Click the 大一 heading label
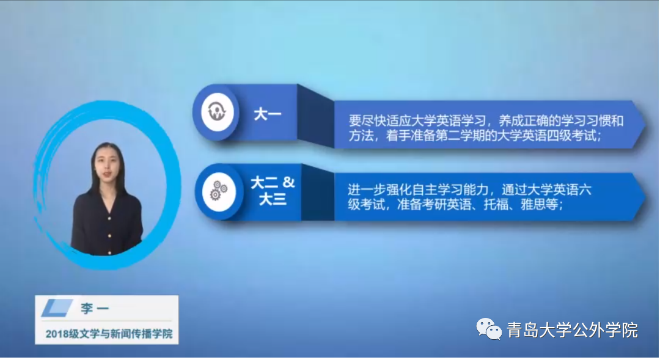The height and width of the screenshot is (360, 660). coord(267,114)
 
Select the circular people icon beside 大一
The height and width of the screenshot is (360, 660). coord(217,112)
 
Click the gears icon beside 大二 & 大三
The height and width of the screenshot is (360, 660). coord(218,192)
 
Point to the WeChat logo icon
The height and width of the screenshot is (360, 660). coord(489,329)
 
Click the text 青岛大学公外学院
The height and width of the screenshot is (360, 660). coord(573,329)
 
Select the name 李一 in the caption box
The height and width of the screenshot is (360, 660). coord(95,309)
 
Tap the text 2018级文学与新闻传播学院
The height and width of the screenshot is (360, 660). coord(109,334)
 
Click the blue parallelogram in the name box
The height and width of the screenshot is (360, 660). coord(57,308)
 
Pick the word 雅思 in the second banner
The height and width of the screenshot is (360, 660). coord(533,204)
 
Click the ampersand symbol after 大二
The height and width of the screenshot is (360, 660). coord(288,182)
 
